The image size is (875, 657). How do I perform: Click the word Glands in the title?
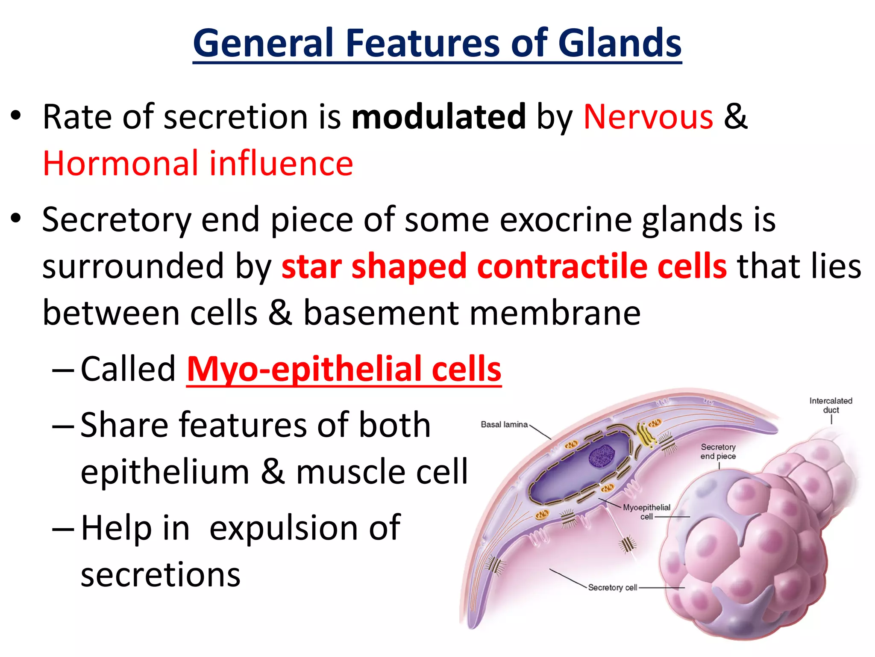click(x=620, y=43)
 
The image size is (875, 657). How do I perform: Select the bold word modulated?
click(x=438, y=116)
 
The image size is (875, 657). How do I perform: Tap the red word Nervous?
click(x=648, y=116)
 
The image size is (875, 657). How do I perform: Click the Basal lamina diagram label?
click(x=504, y=425)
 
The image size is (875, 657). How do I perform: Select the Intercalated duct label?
click(x=831, y=405)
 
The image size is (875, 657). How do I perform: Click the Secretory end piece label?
click(x=718, y=451)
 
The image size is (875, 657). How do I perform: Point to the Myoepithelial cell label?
click(x=646, y=512)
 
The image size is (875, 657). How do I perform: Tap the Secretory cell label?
click(x=612, y=588)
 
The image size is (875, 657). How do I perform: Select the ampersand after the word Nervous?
click(x=735, y=116)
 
